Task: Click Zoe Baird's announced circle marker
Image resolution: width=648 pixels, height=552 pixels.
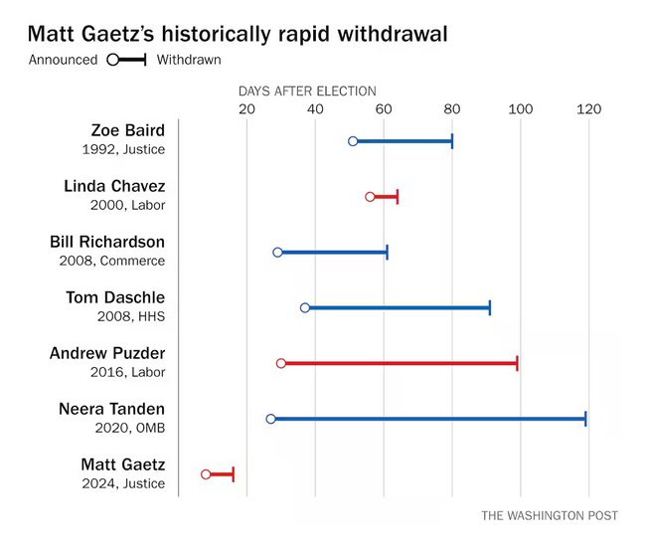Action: click(x=353, y=141)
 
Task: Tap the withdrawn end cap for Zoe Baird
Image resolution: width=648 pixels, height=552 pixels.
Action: click(x=452, y=141)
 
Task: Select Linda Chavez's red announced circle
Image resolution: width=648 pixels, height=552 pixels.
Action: click(x=370, y=197)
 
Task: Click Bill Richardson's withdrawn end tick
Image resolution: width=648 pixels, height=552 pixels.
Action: click(x=387, y=253)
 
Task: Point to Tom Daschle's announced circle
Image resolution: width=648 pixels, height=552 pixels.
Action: click(x=305, y=307)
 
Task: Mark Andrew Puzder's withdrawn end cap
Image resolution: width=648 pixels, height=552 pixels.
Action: click(x=517, y=363)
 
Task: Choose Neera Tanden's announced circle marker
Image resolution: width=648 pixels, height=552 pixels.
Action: click(x=270, y=419)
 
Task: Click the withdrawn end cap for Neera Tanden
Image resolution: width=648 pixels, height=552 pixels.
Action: click(x=585, y=419)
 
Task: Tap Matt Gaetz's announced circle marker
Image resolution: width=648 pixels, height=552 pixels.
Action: click(x=206, y=474)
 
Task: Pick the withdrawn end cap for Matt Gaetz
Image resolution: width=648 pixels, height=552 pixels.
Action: click(x=234, y=474)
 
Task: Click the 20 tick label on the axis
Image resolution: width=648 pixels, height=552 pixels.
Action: click(x=246, y=109)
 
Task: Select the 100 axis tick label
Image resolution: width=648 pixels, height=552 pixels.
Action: click(x=521, y=109)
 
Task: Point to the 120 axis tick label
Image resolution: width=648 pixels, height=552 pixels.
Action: click(x=589, y=109)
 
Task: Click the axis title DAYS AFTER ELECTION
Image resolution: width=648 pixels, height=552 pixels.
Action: click(x=307, y=91)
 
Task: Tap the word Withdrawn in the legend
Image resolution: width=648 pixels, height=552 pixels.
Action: click(x=189, y=60)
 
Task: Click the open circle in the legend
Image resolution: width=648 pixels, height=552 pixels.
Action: click(x=112, y=60)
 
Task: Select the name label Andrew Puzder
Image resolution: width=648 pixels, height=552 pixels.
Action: click(x=107, y=353)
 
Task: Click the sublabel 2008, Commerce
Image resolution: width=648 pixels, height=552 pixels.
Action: click(x=112, y=261)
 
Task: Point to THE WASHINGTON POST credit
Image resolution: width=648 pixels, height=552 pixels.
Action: click(x=550, y=515)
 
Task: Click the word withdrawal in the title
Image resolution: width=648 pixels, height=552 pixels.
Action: click(x=393, y=34)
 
